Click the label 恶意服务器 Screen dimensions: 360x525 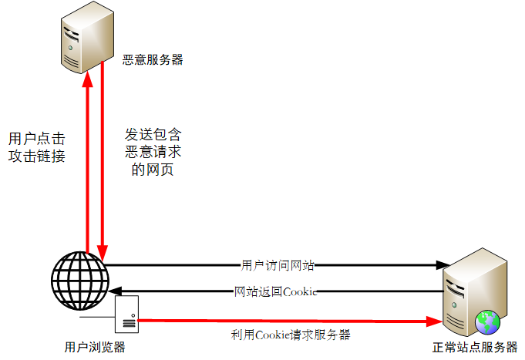click(x=153, y=59)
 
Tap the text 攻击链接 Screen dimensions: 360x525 click(x=36, y=156)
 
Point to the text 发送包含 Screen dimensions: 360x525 click(x=153, y=132)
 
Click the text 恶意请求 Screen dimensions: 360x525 click(x=153, y=150)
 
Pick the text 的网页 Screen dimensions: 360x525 click(x=153, y=169)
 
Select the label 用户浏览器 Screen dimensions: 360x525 click(x=95, y=347)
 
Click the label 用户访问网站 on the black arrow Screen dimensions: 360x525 click(x=278, y=265)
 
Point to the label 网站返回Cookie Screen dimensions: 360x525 click(x=276, y=291)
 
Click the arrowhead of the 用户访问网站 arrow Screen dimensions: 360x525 click(x=443, y=265)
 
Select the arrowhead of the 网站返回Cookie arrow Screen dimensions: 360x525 click(x=113, y=291)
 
